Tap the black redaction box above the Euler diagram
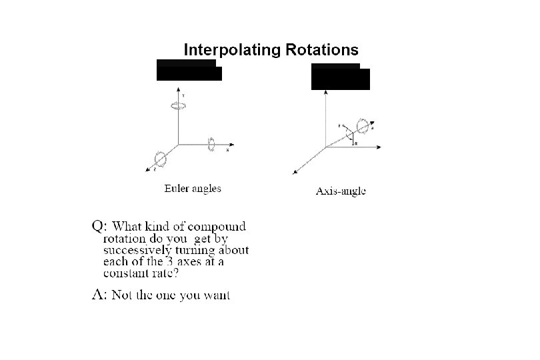pyautogui.click(x=189, y=70)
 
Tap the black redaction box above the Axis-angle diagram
pyautogui.click(x=340, y=77)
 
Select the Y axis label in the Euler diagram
pyautogui.click(x=184, y=96)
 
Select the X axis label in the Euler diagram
pyautogui.click(x=227, y=150)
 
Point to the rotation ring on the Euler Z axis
pyautogui.click(x=160, y=159)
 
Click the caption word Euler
pyautogui.click(x=177, y=189)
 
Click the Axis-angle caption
pyautogui.click(x=340, y=192)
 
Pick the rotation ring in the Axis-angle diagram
pyautogui.click(x=363, y=125)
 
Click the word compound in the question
pyautogui.click(x=217, y=227)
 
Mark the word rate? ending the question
pyautogui.click(x=165, y=273)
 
